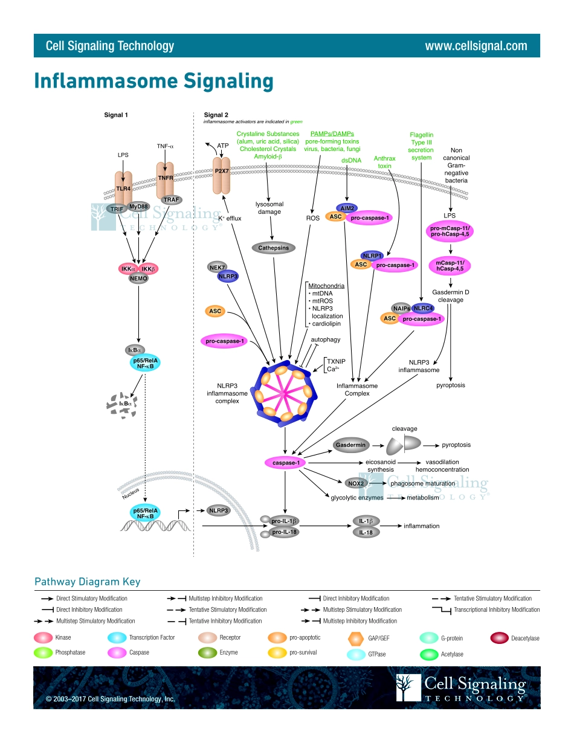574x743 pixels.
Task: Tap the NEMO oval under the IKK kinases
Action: tap(138, 278)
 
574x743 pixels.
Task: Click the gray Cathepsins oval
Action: tap(274, 248)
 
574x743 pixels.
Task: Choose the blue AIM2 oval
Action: tap(347, 208)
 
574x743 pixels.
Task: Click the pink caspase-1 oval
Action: tap(285, 463)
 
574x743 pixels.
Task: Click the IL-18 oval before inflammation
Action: tap(366, 532)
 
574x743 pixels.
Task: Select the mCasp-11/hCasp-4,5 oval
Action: tap(450, 266)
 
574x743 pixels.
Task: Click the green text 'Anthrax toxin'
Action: tap(385, 161)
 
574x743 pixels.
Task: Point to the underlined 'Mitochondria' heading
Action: tap(326, 286)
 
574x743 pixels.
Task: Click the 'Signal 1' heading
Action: tap(116, 115)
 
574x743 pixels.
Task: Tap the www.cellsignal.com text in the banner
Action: tap(476, 46)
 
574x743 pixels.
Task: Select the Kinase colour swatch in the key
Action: tap(43, 637)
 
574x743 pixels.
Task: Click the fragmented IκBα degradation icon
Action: tap(121, 405)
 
